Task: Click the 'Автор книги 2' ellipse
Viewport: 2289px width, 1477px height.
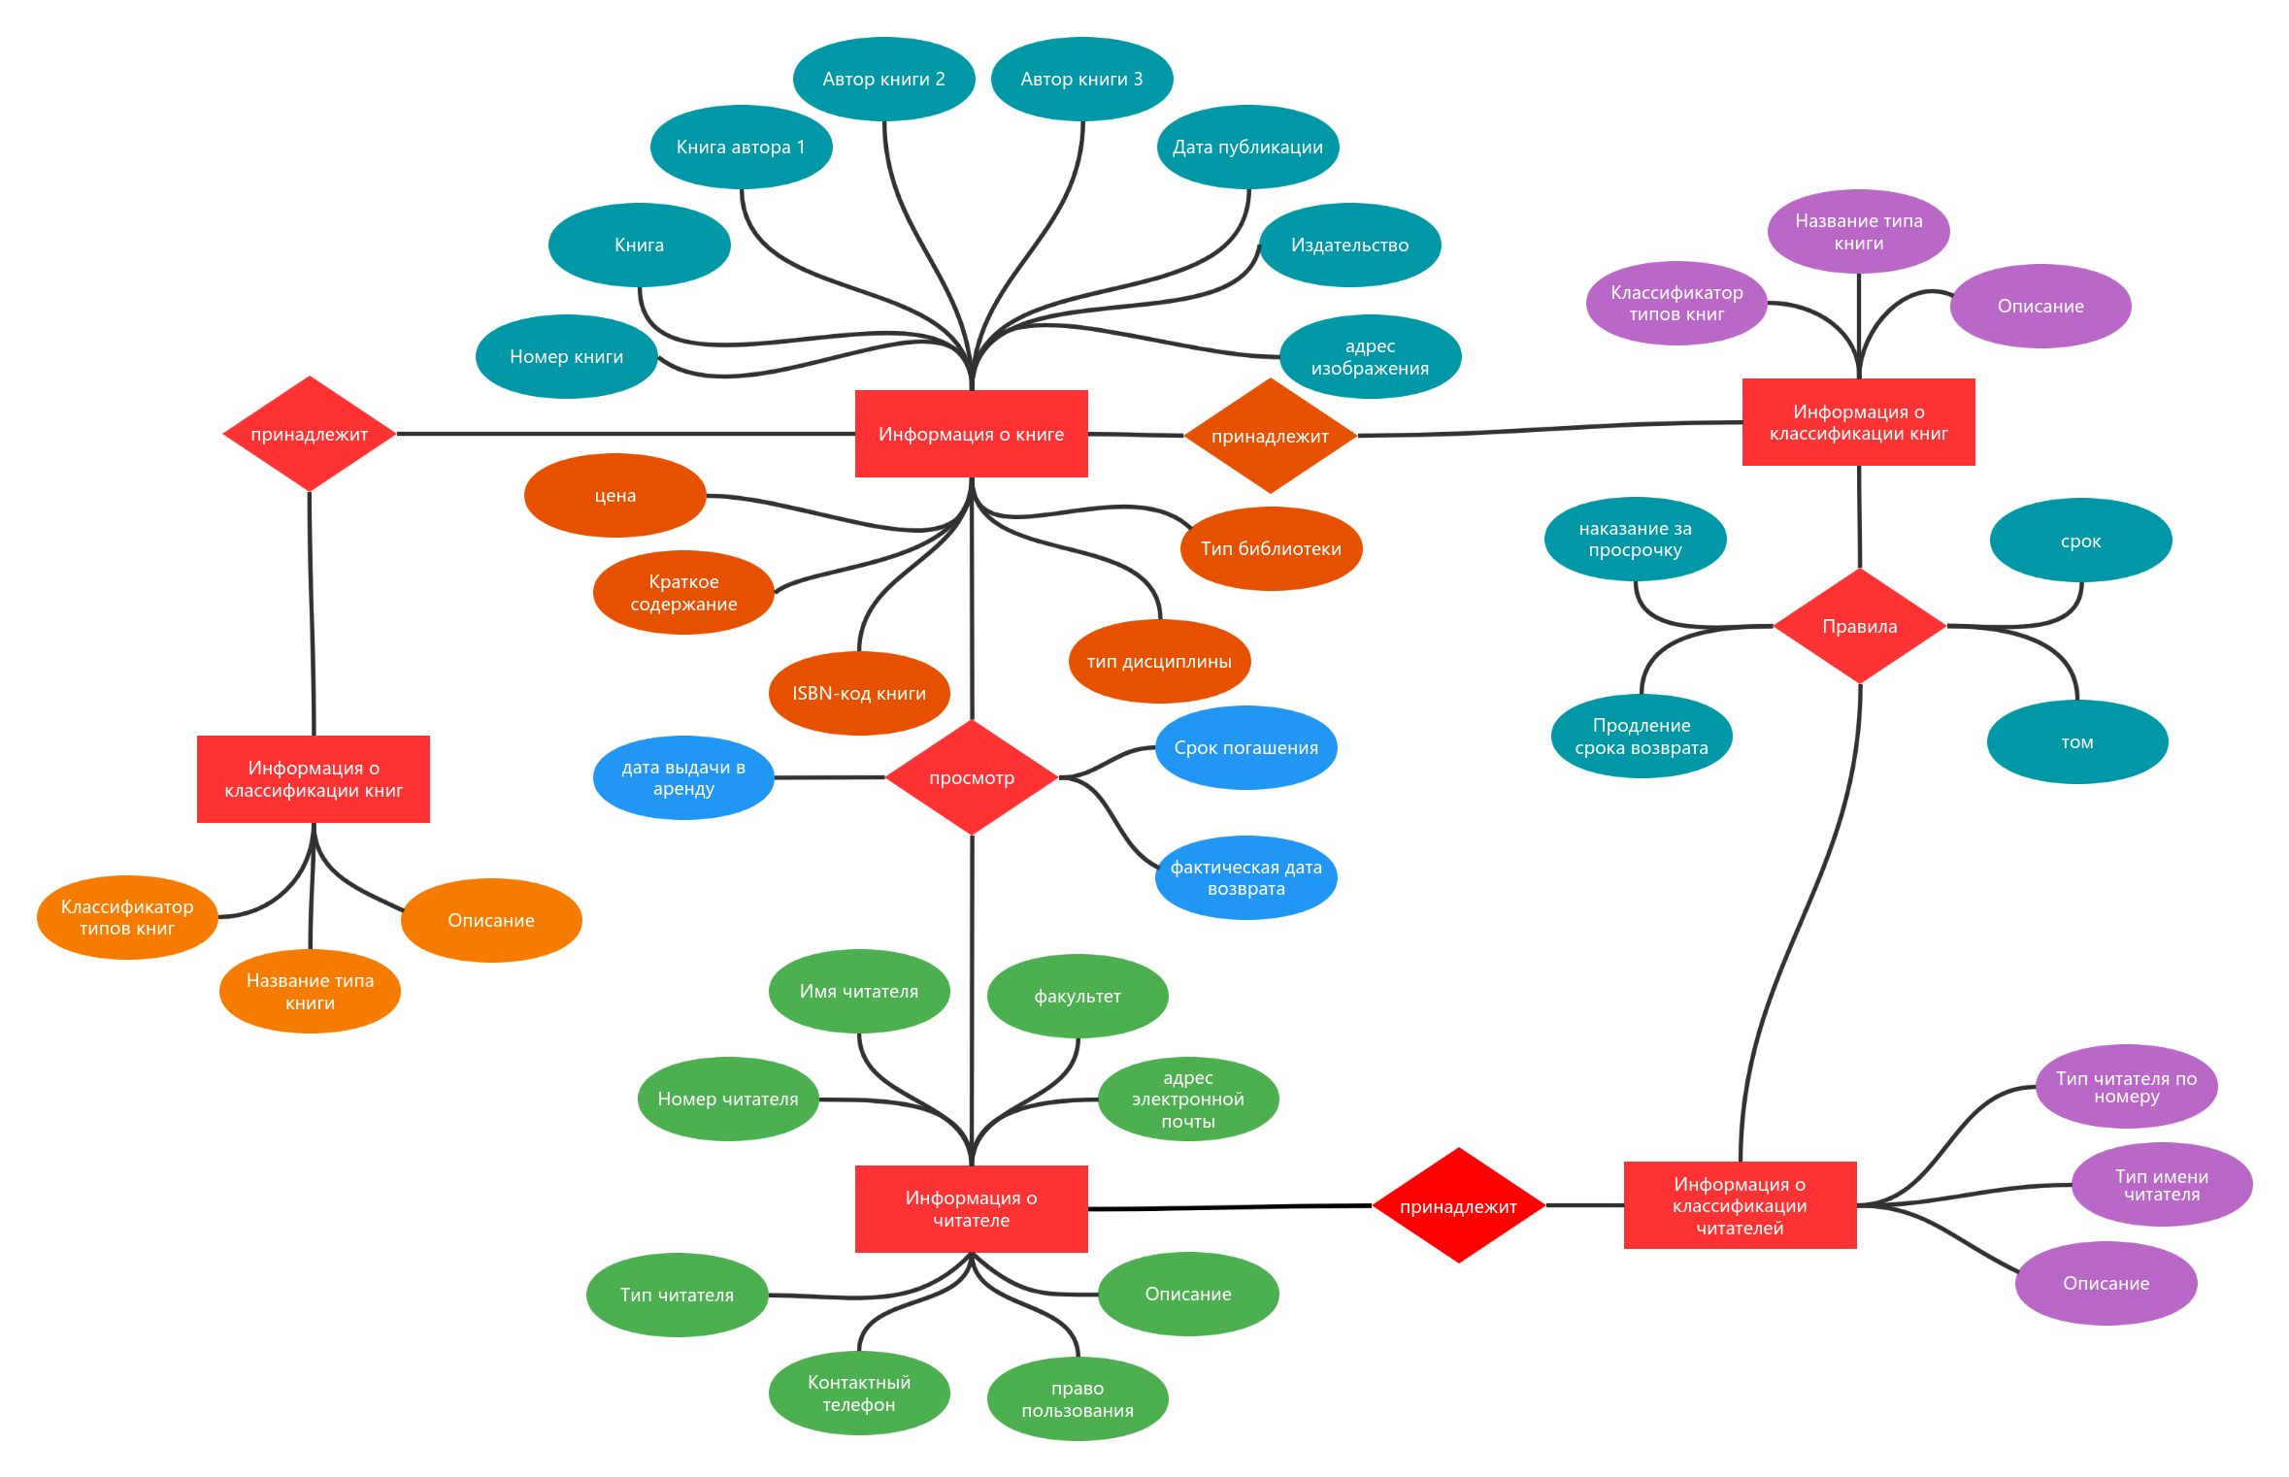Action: [883, 79]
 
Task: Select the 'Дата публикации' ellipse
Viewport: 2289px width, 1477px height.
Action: [1247, 147]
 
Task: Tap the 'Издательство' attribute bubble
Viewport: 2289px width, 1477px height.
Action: [1349, 245]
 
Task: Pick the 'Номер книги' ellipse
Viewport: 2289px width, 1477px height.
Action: [566, 356]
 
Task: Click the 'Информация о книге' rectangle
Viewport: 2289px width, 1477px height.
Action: [971, 434]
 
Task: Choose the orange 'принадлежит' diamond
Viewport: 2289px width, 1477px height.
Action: [1270, 436]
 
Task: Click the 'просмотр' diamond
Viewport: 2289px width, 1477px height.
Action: [972, 777]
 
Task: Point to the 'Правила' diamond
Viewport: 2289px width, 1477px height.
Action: [1859, 626]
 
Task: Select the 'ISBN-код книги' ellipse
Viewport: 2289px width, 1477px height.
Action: [859, 693]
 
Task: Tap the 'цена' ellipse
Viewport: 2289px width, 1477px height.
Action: [614, 495]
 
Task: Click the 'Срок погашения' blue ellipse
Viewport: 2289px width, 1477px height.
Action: [1245, 747]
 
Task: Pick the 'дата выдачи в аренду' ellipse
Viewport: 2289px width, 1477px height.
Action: [683, 777]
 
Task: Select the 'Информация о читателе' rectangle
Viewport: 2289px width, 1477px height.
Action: [971, 1209]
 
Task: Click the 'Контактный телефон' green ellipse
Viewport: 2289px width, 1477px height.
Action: [859, 1393]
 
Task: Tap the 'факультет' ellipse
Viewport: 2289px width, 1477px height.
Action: [1078, 996]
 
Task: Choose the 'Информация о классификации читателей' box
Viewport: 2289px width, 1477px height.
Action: [1740, 1205]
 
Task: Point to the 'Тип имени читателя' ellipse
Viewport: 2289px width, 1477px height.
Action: [2162, 1184]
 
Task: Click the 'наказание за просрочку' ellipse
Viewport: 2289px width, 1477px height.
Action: [1635, 539]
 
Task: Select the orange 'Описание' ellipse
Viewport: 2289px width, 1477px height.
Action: [491, 920]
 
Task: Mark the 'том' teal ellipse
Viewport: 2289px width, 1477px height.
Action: [2077, 741]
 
